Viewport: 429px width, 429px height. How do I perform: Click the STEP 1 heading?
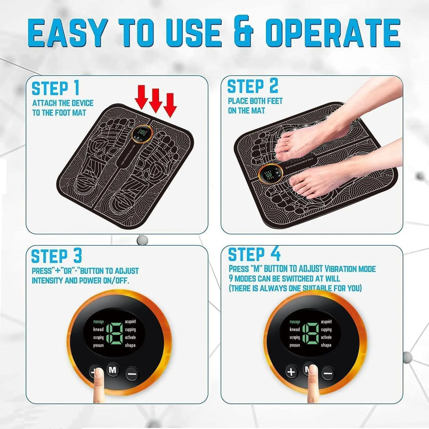[x=55, y=88]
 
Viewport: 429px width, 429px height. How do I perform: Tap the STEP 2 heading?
[x=253, y=86]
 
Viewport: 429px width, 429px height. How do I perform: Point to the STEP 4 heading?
[x=254, y=254]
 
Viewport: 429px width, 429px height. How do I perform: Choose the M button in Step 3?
[x=113, y=370]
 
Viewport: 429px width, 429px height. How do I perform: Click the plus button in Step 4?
[x=292, y=371]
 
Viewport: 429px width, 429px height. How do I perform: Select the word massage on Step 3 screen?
[x=98, y=322]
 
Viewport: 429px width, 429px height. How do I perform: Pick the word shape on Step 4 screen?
[x=326, y=345]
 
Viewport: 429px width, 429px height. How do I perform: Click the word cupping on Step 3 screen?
[x=130, y=330]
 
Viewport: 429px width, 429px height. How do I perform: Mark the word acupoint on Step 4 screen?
[x=326, y=322]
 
